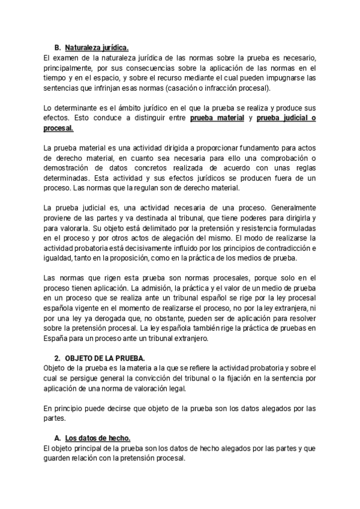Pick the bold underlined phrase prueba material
[x=217, y=118]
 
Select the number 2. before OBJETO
[x=58, y=358]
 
